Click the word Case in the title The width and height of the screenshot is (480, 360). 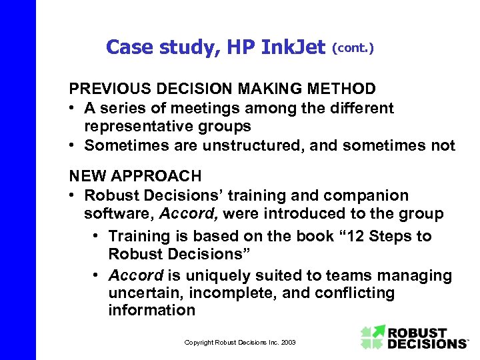point(127,47)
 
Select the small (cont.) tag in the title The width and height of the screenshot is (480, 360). point(353,48)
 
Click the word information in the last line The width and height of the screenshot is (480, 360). point(151,311)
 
